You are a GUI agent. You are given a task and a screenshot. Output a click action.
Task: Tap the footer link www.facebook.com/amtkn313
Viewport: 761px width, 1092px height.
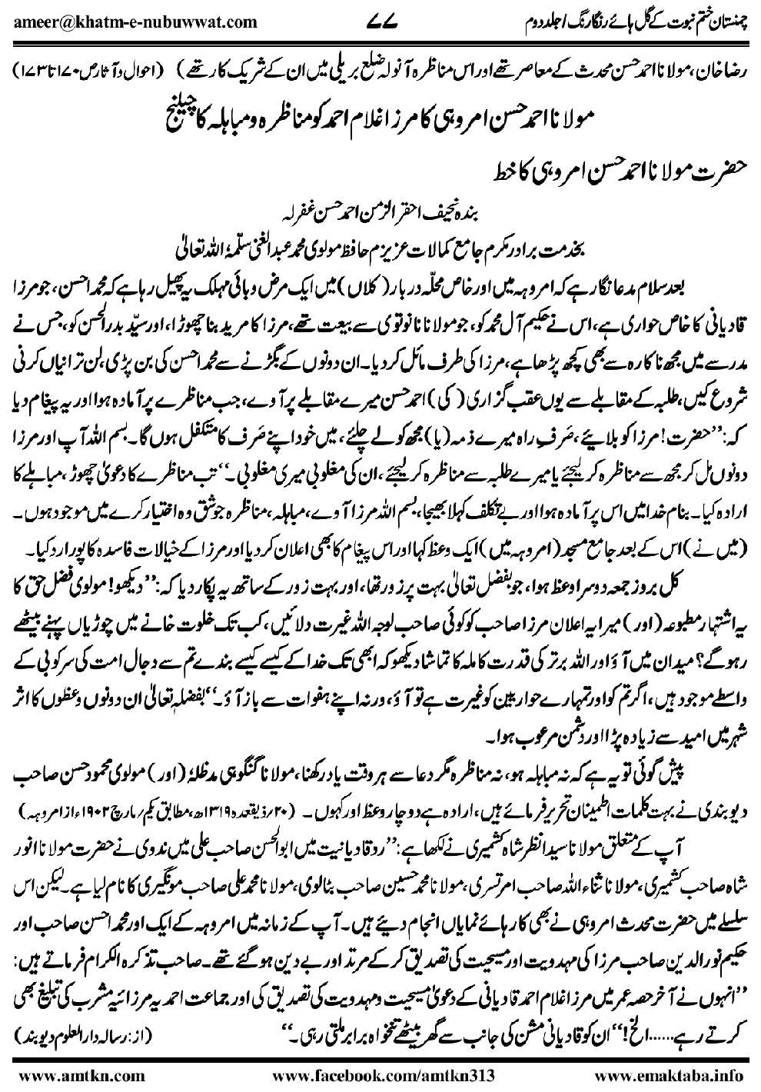click(380, 1072)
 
